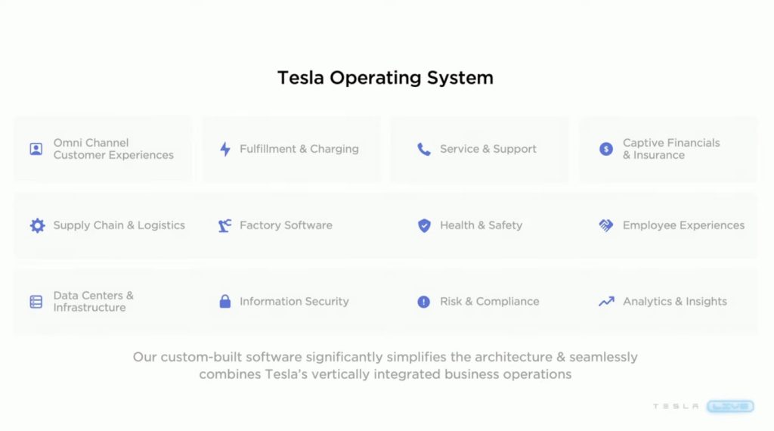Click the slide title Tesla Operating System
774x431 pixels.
click(385, 78)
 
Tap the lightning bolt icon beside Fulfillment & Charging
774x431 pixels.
click(225, 149)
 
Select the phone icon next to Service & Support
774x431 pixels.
click(423, 149)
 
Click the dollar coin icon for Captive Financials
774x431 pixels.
click(606, 149)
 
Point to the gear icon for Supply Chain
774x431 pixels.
click(37, 225)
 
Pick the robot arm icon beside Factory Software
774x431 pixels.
click(224, 225)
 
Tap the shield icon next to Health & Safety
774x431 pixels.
click(424, 225)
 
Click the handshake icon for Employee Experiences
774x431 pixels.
click(606, 225)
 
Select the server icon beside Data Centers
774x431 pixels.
click(36, 302)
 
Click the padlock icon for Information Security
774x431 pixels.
click(225, 301)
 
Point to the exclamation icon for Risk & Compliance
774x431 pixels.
click(423, 302)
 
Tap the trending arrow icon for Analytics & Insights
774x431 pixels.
click(606, 301)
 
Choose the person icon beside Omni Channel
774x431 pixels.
click(36, 149)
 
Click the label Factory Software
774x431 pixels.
click(286, 225)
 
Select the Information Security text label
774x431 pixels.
click(294, 302)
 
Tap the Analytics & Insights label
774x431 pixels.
click(675, 302)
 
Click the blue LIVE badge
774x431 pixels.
click(731, 406)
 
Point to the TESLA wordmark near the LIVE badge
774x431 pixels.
click(676, 406)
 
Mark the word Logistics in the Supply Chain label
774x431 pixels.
click(161, 225)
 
